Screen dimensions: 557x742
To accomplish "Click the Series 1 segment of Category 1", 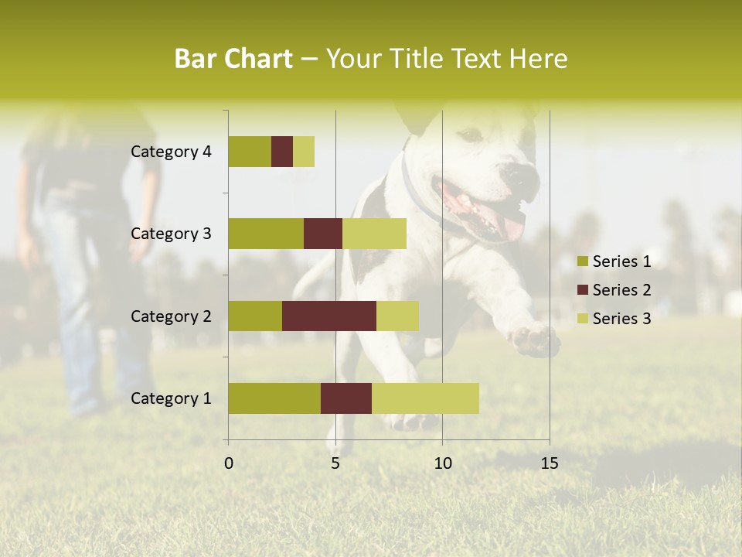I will [274, 398].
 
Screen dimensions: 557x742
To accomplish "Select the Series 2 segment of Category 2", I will [329, 316].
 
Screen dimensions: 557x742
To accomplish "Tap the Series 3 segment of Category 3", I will [374, 234].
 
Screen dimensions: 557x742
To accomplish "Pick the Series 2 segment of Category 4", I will [282, 152].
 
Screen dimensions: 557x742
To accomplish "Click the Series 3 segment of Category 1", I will [425, 398].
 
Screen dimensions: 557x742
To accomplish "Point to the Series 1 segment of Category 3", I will [266, 234].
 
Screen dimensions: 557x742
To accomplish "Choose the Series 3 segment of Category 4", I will [304, 152].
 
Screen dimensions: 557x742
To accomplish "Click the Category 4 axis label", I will [171, 152].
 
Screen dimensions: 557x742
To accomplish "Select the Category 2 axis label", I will [171, 316].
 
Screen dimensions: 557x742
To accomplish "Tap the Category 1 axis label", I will [171, 398].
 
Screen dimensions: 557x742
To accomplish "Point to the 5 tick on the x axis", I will [335, 463].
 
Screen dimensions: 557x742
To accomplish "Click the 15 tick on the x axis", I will [549, 463].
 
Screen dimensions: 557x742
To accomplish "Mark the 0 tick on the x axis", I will [229, 463].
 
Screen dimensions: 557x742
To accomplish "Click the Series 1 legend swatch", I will [582, 261].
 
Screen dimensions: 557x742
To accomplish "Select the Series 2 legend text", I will [621, 290].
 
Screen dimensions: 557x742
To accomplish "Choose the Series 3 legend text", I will [621, 319].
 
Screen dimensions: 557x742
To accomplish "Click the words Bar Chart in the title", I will [233, 59].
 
